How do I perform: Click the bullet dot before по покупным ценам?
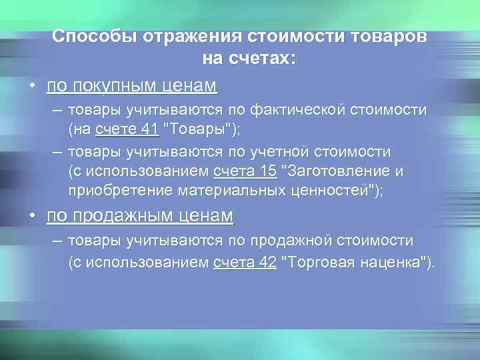31,87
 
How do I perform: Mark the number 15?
267,171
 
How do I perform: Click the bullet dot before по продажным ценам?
31,217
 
